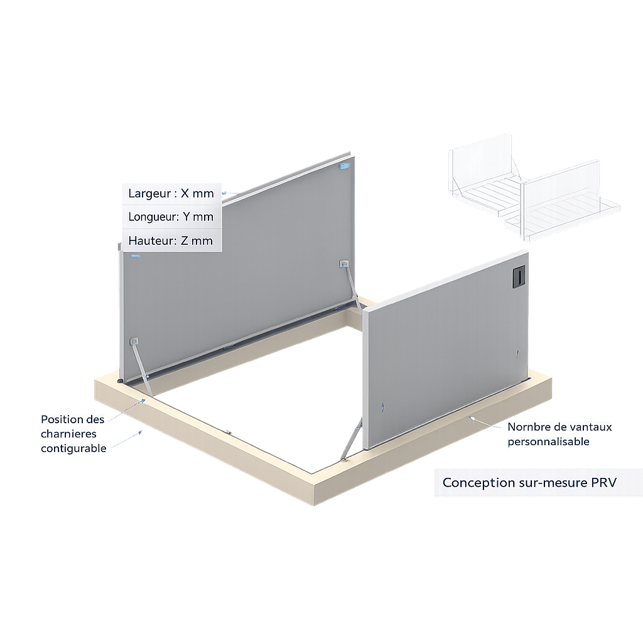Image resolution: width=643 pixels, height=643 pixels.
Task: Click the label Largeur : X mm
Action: click(x=171, y=193)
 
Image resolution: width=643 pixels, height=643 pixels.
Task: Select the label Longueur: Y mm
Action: click(x=171, y=217)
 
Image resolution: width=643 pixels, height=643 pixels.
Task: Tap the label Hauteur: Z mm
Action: click(x=170, y=240)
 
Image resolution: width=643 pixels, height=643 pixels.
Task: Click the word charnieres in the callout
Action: click(x=68, y=433)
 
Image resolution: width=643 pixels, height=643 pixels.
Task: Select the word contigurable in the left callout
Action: click(x=73, y=448)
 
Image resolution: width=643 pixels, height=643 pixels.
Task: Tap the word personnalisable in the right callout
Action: click(x=548, y=441)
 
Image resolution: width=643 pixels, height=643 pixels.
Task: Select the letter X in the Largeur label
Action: click(x=185, y=193)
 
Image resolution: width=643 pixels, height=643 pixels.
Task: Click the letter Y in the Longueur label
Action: click(x=186, y=217)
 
